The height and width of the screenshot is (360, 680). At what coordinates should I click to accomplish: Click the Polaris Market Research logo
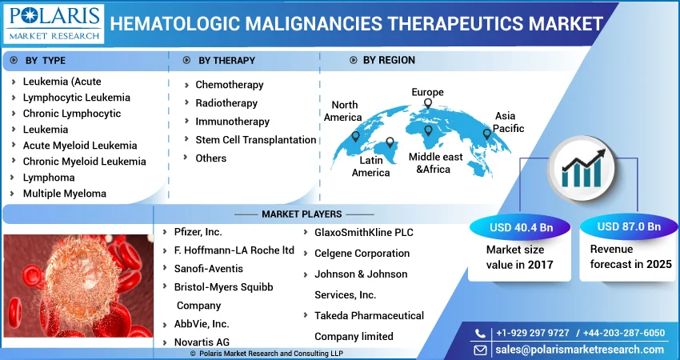[x=54, y=23]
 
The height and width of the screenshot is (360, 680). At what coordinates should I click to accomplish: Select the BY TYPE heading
[x=45, y=61]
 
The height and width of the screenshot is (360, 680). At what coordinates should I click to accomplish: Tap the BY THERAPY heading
[x=227, y=61]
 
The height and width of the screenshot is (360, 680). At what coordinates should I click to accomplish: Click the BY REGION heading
[x=389, y=60]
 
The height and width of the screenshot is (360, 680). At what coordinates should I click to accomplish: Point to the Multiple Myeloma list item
[x=65, y=194]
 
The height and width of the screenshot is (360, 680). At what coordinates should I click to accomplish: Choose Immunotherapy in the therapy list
[x=233, y=122]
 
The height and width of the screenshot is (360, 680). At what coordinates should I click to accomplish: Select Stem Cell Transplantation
[x=256, y=140]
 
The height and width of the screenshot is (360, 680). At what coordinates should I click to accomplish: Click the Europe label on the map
[x=428, y=92]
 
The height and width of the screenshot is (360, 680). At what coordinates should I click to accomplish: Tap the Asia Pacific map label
[x=508, y=122]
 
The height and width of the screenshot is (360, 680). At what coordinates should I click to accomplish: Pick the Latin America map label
[x=370, y=166]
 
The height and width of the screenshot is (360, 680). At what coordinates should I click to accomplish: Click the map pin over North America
[x=356, y=137]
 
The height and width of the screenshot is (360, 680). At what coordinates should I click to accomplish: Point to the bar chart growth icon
[x=581, y=169]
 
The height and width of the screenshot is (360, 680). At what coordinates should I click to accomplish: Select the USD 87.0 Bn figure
[x=629, y=226]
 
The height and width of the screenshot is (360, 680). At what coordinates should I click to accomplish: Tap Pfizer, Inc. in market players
[x=198, y=232]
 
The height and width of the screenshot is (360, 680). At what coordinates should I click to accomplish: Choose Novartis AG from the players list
[x=202, y=342]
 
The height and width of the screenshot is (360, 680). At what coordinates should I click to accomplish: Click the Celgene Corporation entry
[x=362, y=254]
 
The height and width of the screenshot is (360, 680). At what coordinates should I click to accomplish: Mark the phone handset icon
[x=480, y=333]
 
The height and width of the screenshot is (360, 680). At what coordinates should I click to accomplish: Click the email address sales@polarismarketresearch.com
[x=580, y=350]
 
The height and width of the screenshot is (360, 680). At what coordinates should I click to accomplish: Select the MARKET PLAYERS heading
[x=302, y=214]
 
